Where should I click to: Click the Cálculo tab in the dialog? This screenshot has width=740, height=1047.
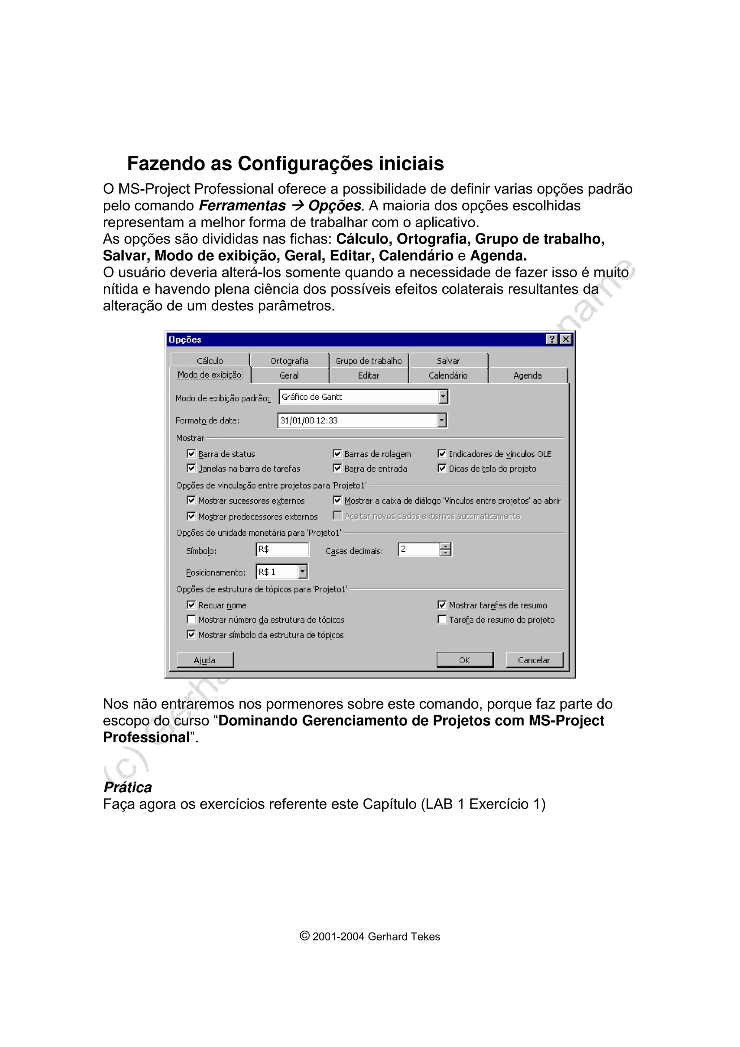[x=210, y=361]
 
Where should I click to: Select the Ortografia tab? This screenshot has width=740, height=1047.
[x=289, y=361]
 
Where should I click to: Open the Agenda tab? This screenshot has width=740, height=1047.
[x=527, y=375]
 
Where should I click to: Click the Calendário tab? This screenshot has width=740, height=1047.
[x=448, y=375]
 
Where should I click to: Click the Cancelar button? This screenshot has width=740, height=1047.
[x=534, y=660]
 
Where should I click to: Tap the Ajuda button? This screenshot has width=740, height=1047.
[x=205, y=660]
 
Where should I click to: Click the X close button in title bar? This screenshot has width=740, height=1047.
[x=566, y=339]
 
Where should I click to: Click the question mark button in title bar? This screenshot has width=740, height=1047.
[x=552, y=339]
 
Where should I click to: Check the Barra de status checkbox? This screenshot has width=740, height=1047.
[x=192, y=454]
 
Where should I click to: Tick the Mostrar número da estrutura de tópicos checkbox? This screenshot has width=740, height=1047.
[x=192, y=619]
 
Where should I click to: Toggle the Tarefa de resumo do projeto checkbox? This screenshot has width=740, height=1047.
[x=442, y=619]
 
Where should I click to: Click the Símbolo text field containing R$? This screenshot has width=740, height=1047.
[x=282, y=550]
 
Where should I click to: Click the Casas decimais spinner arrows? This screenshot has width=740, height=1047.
[x=446, y=550]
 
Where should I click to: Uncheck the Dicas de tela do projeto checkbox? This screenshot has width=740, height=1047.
[x=442, y=468]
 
